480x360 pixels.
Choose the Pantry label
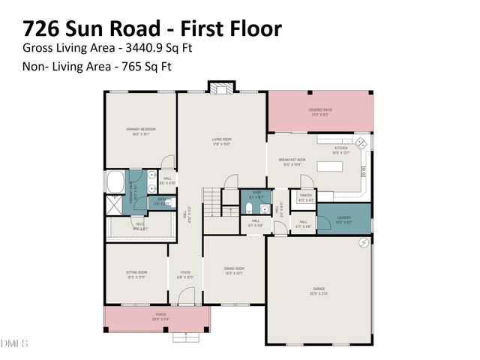[306, 198]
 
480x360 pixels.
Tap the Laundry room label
[343, 220]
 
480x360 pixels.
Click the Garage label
[319, 290]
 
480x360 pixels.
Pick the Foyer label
[185, 274]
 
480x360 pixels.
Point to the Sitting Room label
[136, 274]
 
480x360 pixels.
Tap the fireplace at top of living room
[220, 88]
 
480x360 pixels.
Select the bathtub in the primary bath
[117, 181]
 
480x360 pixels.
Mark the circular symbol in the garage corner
[364, 242]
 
